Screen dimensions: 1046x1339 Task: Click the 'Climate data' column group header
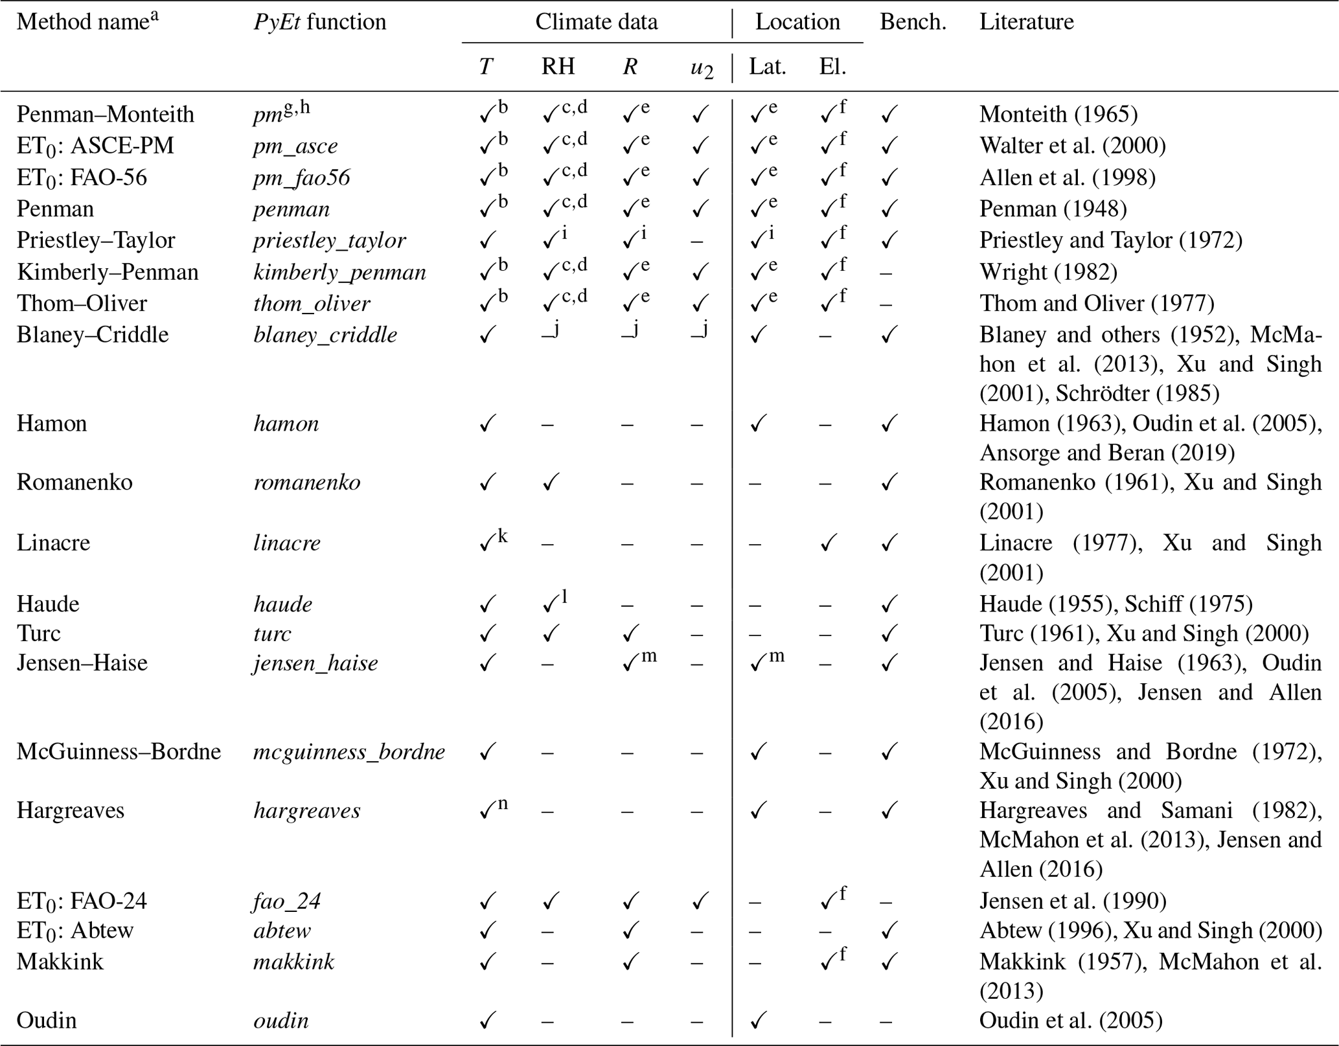[x=596, y=22]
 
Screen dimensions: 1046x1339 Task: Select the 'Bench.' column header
[x=913, y=22]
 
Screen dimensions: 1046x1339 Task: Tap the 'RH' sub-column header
[x=558, y=67]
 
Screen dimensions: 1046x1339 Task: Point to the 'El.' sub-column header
[x=832, y=67]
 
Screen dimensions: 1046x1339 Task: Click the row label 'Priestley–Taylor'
[x=96, y=240]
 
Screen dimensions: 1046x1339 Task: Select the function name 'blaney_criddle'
[x=325, y=335]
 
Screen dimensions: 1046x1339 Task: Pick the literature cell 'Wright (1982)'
[x=1048, y=272]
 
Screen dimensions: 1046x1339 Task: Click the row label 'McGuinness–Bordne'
[x=119, y=752]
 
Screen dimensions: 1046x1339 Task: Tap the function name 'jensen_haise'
[x=315, y=663]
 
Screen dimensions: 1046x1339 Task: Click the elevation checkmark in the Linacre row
[x=827, y=543]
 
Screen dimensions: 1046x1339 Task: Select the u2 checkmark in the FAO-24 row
[x=699, y=901]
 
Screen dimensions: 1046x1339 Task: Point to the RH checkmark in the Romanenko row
[x=551, y=483]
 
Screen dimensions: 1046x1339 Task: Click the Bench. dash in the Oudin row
[x=886, y=1021]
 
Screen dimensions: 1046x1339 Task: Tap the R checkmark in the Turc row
[x=630, y=633]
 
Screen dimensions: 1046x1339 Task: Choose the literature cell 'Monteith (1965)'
[x=1059, y=115]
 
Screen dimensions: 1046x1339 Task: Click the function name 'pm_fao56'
[x=301, y=178]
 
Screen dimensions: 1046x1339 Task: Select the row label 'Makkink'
[x=60, y=962]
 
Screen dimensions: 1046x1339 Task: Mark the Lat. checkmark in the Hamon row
[x=757, y=424]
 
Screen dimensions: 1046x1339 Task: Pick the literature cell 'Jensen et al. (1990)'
[x=1073, y=901]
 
